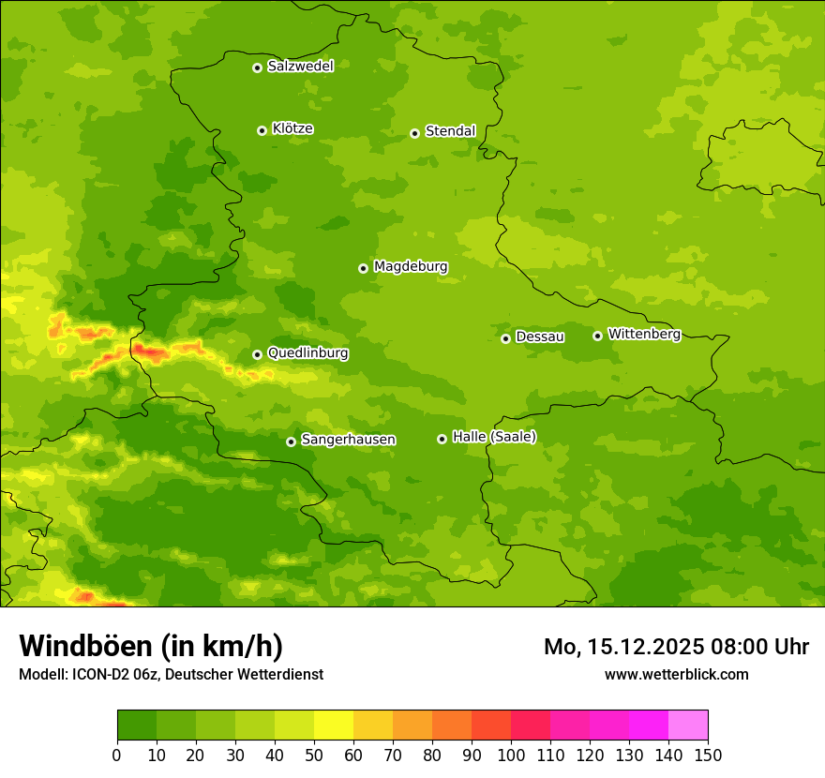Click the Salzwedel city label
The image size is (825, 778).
tap(300, 67)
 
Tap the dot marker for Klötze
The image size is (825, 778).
tap(262, 130)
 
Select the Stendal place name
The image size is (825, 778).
tap(450, 131)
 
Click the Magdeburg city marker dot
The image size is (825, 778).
tap(363, 268)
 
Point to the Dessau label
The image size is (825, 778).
tap(540, 337)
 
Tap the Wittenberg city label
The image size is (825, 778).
tap(643, 334)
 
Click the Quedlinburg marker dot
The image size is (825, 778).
tap(257, 354)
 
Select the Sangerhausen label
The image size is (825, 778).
tap(348, 440)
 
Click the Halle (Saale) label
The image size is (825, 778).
tap(494, 437)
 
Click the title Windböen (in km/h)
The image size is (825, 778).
tap(150, 646)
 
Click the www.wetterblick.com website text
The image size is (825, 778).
tap(676, 674)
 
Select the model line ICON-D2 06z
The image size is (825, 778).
tap(171, 674)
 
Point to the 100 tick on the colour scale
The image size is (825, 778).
tap(511, 755)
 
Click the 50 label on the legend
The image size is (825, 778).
tap(314, 755)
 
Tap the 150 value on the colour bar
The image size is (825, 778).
tap(708, 755)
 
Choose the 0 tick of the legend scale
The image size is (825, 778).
tap(117, 755)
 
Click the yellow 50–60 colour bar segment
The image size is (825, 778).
tap(334, 726)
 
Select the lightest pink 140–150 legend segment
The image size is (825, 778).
tap(688, 726)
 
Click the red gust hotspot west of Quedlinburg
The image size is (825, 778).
tap(150, 352)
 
